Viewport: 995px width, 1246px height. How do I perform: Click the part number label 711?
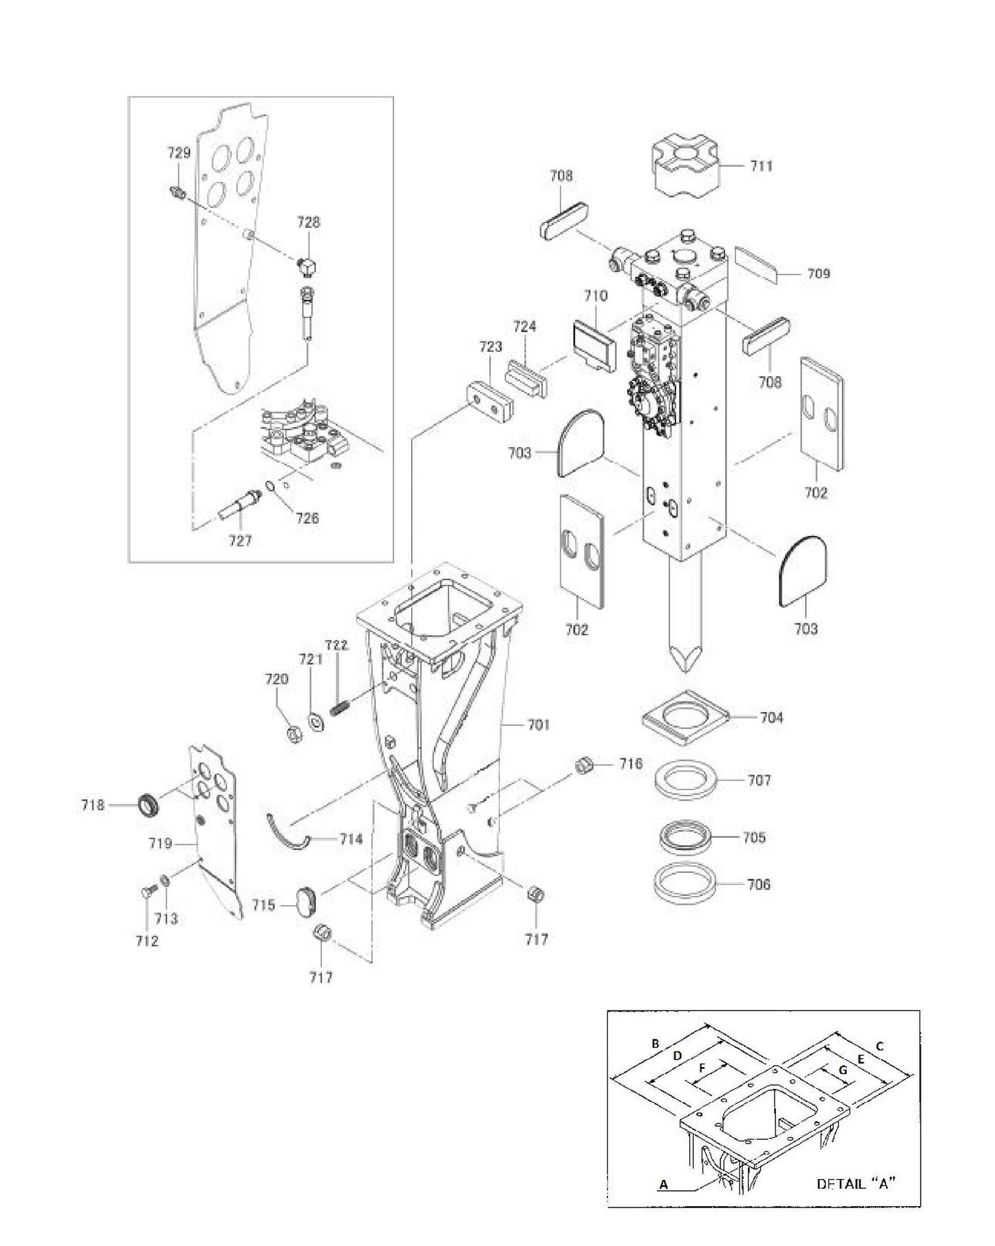tap(761, 166)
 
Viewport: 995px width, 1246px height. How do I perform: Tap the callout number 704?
tap(771, 718)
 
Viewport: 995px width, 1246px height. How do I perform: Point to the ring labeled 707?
tap(686, 779)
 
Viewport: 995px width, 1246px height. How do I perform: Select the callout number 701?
tap(538, 725)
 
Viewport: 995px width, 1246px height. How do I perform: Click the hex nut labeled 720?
tap(292, 735)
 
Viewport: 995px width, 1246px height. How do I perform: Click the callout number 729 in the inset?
tap(179, 153)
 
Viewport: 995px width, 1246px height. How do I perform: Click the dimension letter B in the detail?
tap(656, 1043)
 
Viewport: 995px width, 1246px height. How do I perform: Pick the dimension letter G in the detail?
tap(842, 1070)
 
